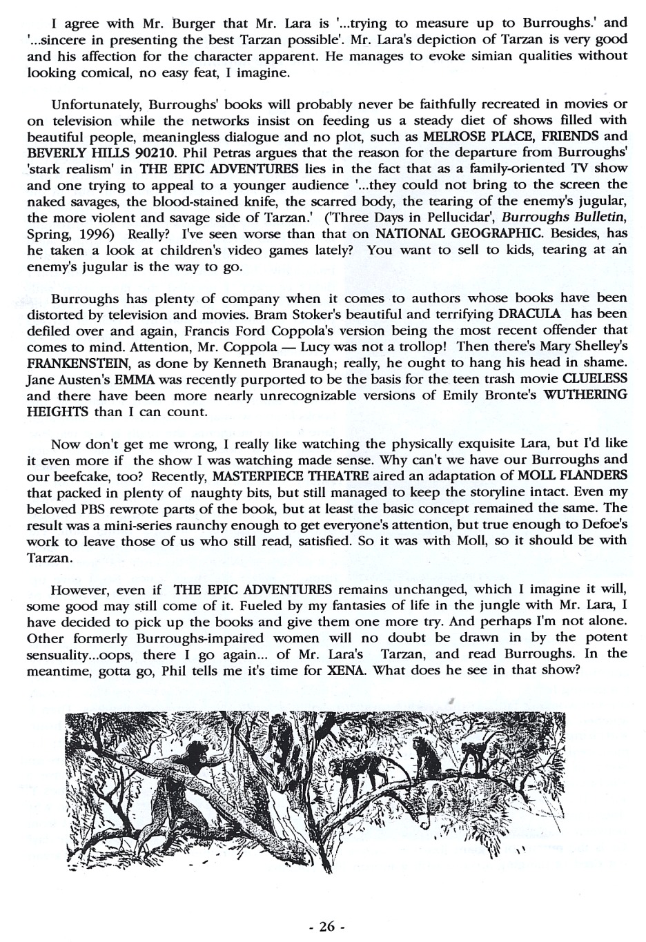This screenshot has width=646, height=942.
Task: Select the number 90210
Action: tap(165, 152)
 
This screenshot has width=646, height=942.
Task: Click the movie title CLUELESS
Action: tap(594, 379)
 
